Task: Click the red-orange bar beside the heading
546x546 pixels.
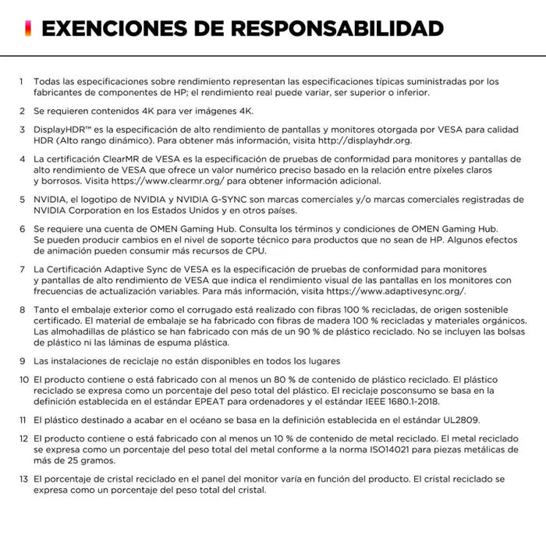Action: coord(28,29)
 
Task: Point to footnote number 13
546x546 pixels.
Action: coord(23,479)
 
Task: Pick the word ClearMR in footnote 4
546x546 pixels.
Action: coord(122,158)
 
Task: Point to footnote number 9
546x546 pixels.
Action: coord(22,361)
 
